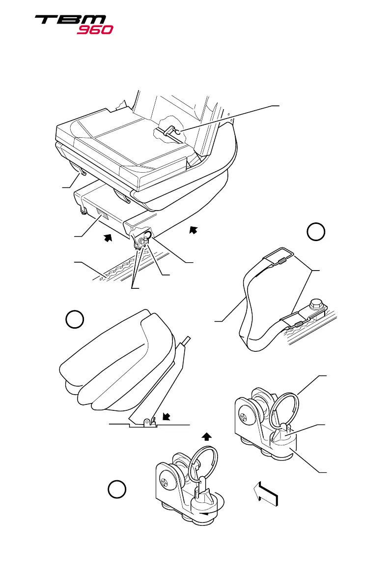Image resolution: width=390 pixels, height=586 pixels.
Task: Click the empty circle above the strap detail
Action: [x=317, y=232]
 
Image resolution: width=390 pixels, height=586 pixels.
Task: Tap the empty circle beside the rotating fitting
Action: [x=116, y=490]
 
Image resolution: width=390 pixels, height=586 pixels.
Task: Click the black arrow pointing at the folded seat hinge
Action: [x=167, y=417]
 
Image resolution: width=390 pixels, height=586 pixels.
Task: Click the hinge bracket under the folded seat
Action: [x=146, y=422]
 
